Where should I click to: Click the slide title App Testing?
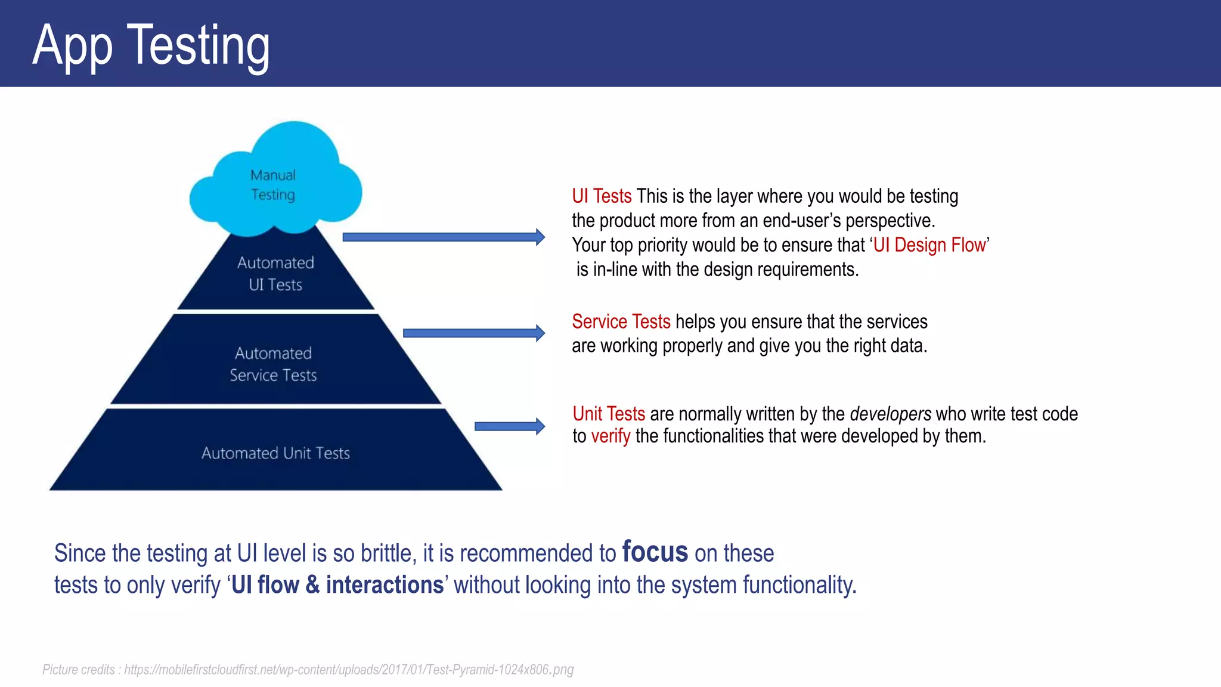[151, 45]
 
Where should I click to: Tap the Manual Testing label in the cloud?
[273, 185]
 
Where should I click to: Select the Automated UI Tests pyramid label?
[275, 274]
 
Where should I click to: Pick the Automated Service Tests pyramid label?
[274, 364]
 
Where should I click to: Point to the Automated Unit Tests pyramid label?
[275, 453]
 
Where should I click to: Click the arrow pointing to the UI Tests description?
[444, 237]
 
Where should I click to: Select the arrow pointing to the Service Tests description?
[474, 333]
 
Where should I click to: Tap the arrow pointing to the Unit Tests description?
[510, 426]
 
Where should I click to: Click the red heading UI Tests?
[602, 196]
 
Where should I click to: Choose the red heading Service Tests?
[621, 322]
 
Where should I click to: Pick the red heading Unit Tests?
[609, 414]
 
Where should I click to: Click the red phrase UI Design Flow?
[929, 245]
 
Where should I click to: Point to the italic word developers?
[890, 414]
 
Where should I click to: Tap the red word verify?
[610, 437]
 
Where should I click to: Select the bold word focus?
[655, 552]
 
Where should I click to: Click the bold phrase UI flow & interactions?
[337, 585]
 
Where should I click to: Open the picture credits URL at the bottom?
[349, 670]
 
